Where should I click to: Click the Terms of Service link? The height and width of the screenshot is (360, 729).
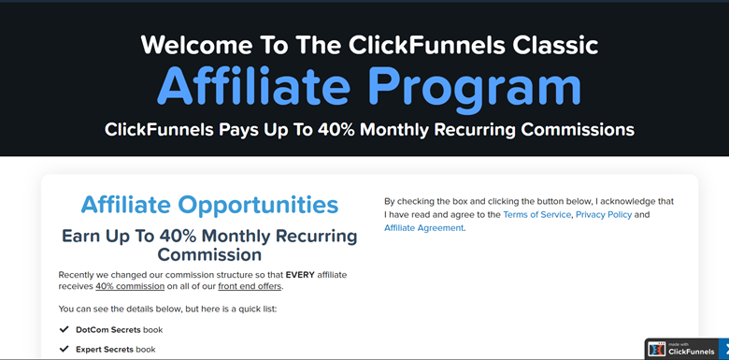coord(536,215)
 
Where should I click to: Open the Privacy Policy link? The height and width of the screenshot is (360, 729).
coord(604,215)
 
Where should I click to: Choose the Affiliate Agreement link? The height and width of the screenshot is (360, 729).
coord(423,228)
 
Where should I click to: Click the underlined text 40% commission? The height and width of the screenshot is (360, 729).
coord(130,286)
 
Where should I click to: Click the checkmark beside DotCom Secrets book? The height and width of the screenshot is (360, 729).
coord(64,330)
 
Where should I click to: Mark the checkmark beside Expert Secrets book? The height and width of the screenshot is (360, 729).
coord(64,349)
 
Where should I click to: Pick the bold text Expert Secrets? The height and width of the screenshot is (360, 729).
coord(107,349)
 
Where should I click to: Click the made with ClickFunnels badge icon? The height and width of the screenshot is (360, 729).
coord(657,349)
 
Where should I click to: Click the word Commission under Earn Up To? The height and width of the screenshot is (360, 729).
coord(209,254)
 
